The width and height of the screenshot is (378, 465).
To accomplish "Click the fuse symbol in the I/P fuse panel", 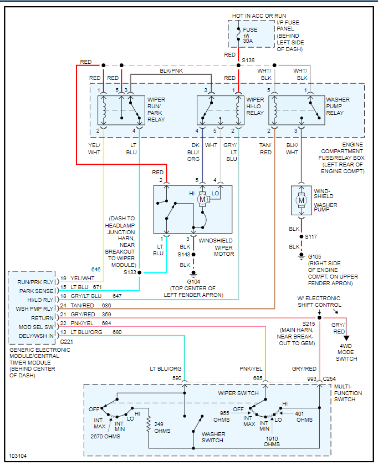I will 238,35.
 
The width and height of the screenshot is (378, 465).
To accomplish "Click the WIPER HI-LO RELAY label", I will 256,106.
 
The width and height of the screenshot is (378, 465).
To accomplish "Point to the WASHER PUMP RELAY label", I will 338,106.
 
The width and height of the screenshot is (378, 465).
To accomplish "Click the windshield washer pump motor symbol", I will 302,200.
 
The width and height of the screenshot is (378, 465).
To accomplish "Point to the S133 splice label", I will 130,272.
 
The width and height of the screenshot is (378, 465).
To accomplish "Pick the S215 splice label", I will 309,324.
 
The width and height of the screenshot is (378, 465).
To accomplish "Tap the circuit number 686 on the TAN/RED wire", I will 106,306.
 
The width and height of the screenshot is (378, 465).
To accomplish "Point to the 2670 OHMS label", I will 105,437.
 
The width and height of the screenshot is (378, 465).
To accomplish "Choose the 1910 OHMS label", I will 272,441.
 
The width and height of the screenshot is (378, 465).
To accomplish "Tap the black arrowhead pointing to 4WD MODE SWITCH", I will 348,337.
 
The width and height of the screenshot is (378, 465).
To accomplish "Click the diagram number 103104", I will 19,456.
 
